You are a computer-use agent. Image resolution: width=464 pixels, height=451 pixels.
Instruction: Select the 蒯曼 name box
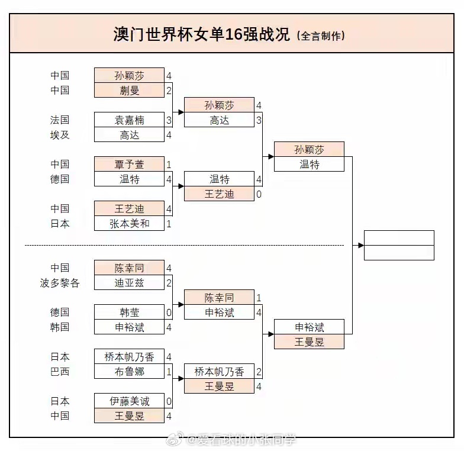(x=129, y=90)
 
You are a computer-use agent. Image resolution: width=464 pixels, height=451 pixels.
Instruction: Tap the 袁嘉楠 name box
(x=129, y=120)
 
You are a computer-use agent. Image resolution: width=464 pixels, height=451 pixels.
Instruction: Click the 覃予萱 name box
(x=129, y=164)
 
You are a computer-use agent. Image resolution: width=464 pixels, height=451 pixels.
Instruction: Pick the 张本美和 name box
(x=129, y=223)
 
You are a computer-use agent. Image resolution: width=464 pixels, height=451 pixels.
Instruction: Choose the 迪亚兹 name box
(x=129, y=282)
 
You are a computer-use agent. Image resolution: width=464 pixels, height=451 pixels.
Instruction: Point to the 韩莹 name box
(x=129, y=312)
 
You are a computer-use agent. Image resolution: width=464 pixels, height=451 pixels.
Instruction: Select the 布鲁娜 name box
(x=129, y=371)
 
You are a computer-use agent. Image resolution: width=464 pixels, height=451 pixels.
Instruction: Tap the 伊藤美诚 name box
(x=129, y=401)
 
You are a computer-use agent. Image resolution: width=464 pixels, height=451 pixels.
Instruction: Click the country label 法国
(x=60, y=120)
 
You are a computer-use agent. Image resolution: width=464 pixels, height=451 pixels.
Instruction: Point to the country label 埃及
(x=60, y=134)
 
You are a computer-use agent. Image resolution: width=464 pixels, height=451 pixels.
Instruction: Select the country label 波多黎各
(x=60, y=282)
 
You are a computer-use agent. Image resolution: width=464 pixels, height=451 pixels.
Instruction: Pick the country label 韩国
(x=60, y=327)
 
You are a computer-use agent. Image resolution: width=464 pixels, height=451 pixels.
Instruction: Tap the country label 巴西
(x=60, y=371)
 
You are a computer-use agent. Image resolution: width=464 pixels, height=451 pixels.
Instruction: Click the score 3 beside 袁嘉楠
(x=169, y=120)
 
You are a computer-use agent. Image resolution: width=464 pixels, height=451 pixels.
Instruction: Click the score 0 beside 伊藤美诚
(x=169, y=401)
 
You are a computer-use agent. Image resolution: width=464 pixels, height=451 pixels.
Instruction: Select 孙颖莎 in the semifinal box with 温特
(x=309, y=149)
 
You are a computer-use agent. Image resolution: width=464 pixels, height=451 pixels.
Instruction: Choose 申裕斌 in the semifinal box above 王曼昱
(x=309, y=327)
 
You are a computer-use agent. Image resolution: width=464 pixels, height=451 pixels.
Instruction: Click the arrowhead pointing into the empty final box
(x=360, y=245)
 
